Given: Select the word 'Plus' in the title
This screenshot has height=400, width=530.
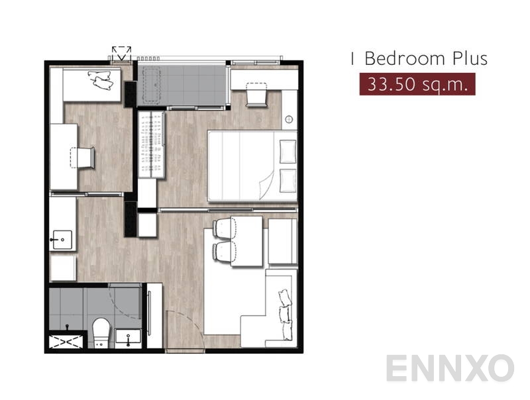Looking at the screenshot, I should pyautogui.click(x=468, y=58).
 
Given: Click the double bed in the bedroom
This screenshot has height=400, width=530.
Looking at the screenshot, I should pyautogui.click(x=252, y=165).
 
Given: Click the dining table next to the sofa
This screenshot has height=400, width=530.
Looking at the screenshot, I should pyautogui.click(x=244, y=238).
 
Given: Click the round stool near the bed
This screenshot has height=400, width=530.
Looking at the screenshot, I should pyautogui.click(x=289, y=120).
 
